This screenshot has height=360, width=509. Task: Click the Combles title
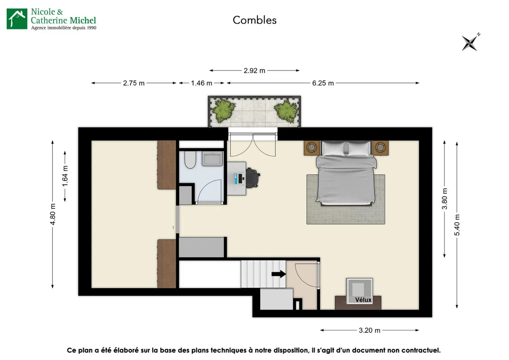[255, 20]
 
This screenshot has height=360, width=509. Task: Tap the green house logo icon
[17, 19]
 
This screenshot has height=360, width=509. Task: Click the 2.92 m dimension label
[254, 71]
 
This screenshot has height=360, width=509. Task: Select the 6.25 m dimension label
[323, 83]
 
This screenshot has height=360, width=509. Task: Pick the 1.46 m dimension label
[201, 83]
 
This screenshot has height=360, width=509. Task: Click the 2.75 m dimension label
[134, 83]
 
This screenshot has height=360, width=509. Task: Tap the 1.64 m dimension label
[65, 176]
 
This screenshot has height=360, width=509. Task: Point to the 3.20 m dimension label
[369, 330]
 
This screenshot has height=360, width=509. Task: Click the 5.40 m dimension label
[457, 225]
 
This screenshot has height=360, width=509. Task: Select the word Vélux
[363, 300]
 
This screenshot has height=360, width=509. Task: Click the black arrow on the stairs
[279, 274]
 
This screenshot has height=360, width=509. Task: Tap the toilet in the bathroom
[190, 159]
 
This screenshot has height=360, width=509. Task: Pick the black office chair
[253, 178]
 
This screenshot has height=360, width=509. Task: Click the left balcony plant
[224, 111]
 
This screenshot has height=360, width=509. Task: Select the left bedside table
[312, 148]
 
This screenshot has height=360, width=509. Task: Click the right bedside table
[380, 148]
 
